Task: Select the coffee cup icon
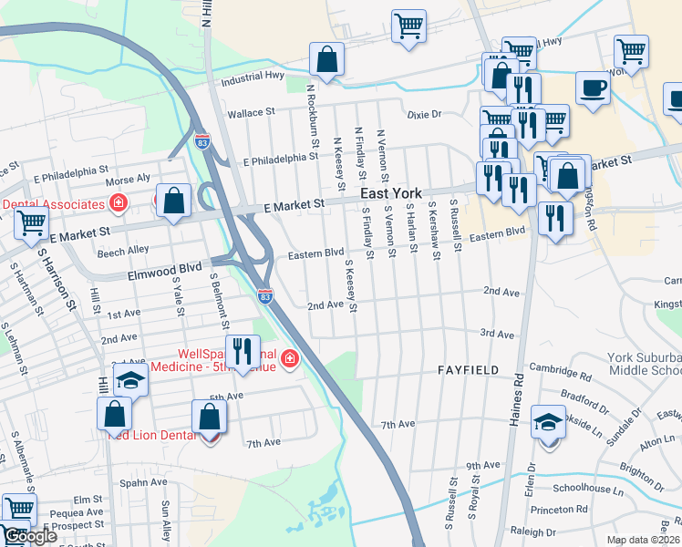point(593,88)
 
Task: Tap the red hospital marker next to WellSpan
point(290,359)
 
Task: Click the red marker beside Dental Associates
point(118,201)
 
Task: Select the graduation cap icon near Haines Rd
point(547,422)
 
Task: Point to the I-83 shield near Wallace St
point(201,141)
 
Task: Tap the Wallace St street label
point(251,112)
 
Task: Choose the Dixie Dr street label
point(424,115)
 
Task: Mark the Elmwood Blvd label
point(163,270)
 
